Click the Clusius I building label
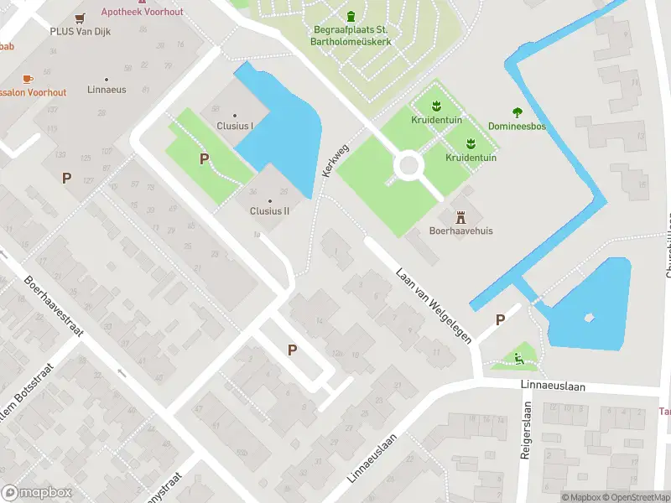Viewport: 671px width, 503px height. tap(235, 126)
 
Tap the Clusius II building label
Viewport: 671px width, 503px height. tap(269, 210)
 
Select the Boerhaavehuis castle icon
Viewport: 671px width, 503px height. tap(460, 216)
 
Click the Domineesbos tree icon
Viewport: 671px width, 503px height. tap(518, 111)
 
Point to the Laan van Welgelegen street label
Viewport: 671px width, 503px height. tap(434, 303)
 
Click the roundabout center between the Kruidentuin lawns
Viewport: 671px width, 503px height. tap(408, 165)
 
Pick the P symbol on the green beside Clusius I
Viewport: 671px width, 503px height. tap(204, 158)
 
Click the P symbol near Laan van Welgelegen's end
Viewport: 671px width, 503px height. tap(501, 319)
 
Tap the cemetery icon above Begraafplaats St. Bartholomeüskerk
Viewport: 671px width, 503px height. tap(351, 16)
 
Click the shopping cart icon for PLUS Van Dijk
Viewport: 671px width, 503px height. tap(80, 18)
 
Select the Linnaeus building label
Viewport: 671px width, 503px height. tap(107, 89)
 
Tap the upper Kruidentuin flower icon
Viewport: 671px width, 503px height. tap(434, 106)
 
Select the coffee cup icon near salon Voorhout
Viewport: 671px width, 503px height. tap(27, 78)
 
